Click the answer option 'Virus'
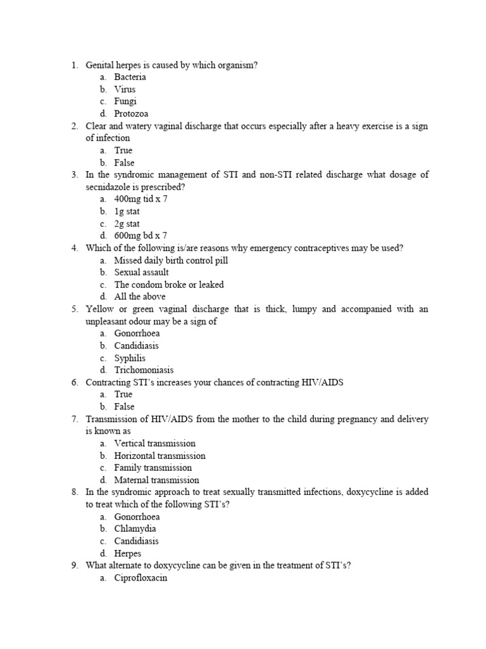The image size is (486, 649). [x=125, y=89]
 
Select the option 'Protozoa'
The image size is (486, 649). [x=131, y=114]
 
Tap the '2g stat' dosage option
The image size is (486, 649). [x=127, y=224]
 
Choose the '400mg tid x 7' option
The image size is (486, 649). [x=140, y=199]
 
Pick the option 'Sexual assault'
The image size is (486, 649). [x=141, y=273]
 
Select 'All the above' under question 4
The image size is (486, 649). [x=140, y=297]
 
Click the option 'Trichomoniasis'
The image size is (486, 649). [x=144, y=370]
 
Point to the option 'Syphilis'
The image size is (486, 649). [x=130, y=358]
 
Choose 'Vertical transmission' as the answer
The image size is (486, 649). [x=154, y=444]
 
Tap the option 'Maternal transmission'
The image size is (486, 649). [x=156, y=480]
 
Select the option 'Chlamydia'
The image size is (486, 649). [x=135, y=529]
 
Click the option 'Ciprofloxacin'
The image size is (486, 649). [x=140, y=578]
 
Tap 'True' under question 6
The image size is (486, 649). [x=123, y=394]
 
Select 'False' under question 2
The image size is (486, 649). [x=124, y=163]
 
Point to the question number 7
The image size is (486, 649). [x=74, y=420]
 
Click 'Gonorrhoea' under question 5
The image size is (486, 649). [x=137, y=333]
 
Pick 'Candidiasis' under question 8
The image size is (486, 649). [x=136, y=541]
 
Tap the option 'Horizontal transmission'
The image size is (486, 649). [x=159, y=456]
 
